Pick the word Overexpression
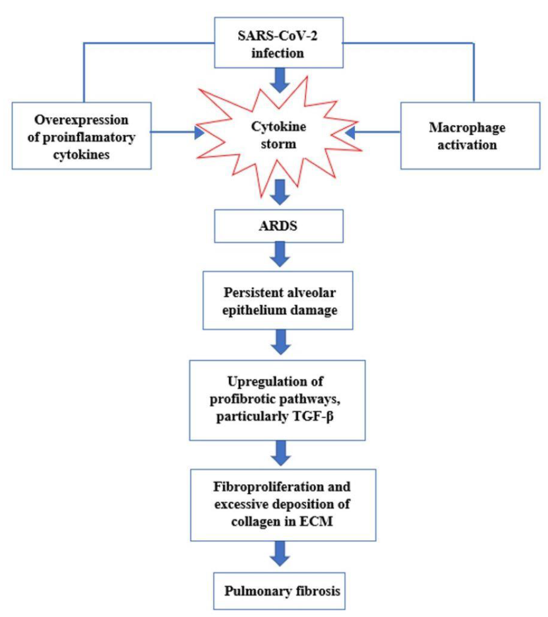tap(82, 120)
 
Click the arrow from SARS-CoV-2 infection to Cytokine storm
tap(280, 80)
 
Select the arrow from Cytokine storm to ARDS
tap(280, 192)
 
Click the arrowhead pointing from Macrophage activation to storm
tap(350, 132)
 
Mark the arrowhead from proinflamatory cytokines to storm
tap(199, 132)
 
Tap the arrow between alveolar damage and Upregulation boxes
tap(281, 342)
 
